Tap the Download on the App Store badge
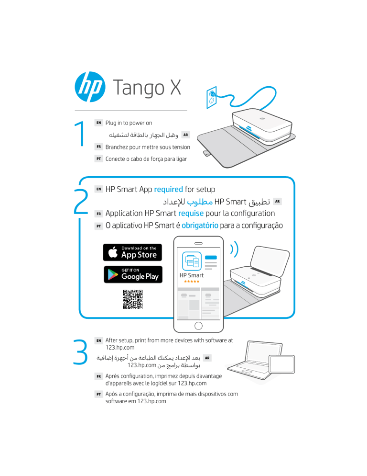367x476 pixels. [132, 252]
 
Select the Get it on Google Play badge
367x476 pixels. [132, 274]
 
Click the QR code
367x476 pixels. [132, 300]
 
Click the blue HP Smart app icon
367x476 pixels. [191, 261]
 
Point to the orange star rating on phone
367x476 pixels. [191, 282]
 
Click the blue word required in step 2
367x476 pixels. [168, 189]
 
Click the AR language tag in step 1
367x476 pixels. [186, 135]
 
